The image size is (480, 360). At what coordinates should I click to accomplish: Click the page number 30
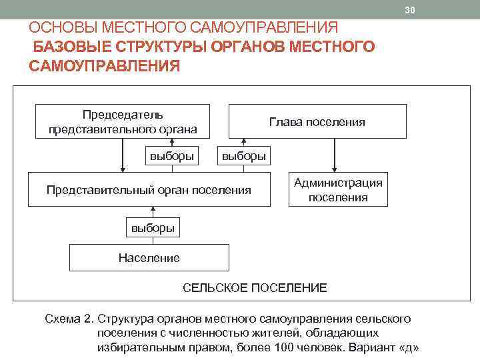tap(409, 9)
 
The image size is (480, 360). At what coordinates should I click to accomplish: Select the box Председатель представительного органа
tap(123, 121)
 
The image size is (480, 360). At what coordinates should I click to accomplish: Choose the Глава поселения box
tap(317, 121)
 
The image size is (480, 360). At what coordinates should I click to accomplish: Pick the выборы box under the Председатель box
tap(173, 156)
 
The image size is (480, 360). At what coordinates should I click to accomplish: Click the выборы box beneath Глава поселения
tap(243, 156)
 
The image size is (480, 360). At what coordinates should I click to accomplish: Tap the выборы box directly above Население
tap(153, 228)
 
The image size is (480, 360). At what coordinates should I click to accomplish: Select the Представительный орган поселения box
tap(149, 190)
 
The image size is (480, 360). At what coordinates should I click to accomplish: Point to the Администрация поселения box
tap(338, 190)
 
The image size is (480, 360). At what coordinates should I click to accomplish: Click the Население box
tap(149, 257)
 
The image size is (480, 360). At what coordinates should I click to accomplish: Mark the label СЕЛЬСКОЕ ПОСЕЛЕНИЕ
tap(255, 288)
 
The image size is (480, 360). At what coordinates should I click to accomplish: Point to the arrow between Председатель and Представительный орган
tap(123, 155)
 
